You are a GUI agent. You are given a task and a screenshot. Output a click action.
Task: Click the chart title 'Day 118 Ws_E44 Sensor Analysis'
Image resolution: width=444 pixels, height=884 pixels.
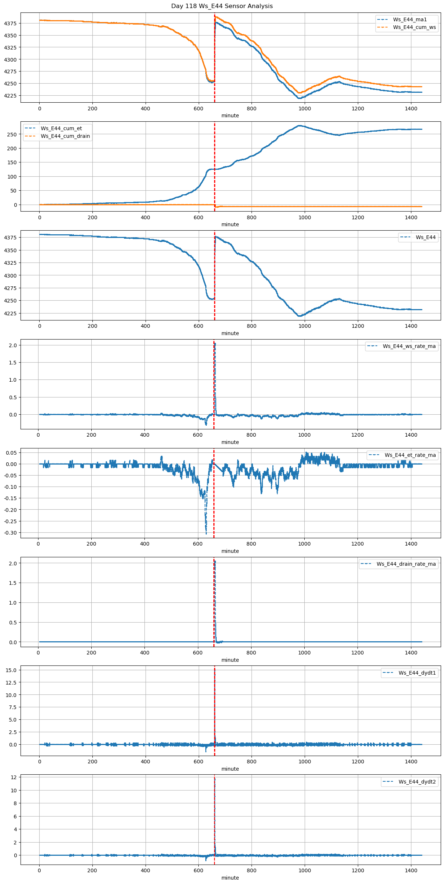222,6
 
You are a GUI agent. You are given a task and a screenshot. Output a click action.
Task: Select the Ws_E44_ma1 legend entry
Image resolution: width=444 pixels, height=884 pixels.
410,19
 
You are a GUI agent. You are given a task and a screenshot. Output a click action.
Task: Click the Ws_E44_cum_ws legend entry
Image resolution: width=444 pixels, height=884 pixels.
414,27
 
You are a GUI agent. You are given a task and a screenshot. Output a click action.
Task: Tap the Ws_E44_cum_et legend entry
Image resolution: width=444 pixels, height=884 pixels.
61,128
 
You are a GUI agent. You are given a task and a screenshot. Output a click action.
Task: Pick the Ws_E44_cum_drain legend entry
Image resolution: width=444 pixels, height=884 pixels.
65,136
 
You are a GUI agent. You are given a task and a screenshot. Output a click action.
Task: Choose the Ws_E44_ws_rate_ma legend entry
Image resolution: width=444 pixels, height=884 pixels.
409,346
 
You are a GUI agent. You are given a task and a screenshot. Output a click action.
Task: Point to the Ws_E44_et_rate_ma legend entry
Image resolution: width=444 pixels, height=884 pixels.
410,455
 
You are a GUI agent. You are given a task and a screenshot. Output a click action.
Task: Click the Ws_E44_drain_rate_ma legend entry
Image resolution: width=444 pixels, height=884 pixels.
406,564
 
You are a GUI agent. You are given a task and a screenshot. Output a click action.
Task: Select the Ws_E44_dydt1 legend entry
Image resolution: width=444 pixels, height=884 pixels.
417,673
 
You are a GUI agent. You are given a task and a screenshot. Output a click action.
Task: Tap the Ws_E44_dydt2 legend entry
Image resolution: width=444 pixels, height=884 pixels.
417,782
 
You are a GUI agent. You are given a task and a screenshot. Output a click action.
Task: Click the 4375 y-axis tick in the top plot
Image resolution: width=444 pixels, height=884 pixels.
10,23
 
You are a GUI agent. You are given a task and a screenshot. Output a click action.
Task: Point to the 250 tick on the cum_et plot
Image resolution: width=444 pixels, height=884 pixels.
12,135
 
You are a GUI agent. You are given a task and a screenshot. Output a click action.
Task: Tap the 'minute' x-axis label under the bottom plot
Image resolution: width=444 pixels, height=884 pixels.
230,878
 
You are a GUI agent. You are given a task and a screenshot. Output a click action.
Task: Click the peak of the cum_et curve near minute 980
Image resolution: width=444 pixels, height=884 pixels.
300,126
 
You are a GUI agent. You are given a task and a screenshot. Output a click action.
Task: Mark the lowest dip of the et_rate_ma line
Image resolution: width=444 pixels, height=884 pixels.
206,533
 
